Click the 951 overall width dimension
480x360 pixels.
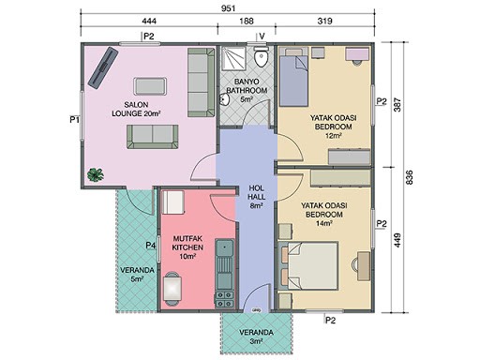228,8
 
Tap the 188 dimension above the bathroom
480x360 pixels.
247,22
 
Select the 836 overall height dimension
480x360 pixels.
409,177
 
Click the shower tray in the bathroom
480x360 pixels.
233,57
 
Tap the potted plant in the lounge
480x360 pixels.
96,174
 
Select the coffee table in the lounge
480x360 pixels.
150,86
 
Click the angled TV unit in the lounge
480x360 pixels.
103,67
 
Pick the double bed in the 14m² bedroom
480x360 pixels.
307,266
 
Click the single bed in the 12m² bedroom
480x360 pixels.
293,77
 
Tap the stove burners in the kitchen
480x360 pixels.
224,299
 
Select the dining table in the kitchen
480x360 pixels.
172,289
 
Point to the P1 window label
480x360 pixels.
74,119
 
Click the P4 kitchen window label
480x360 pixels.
151,246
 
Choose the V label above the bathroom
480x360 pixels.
262,37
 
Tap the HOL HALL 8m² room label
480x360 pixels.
256,197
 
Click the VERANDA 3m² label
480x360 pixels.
256,337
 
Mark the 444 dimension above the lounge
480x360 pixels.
149,22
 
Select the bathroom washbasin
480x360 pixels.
224,100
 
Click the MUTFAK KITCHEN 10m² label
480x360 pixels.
187,247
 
